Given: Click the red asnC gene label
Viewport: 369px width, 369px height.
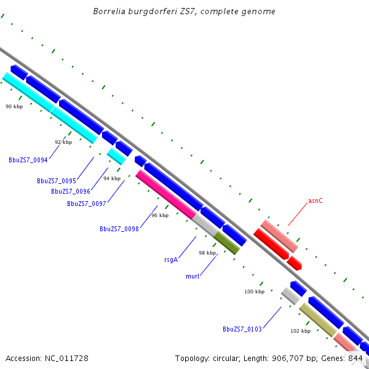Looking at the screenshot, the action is (315, 201).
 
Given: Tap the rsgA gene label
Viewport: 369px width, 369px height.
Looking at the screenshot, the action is (171, 260).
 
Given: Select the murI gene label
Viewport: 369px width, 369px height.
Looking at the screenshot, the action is (192, 276).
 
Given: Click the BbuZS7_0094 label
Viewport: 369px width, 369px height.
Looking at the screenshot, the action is (28, 160).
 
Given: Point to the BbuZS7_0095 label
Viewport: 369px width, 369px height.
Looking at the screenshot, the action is (57, 181).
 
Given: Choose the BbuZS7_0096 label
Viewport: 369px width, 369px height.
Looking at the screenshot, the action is (71, 191).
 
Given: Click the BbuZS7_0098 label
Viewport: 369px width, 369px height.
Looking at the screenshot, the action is (119, 229).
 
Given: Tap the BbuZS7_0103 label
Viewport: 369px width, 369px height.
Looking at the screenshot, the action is (242, 329).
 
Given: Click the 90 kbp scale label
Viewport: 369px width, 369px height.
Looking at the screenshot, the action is (14, 106).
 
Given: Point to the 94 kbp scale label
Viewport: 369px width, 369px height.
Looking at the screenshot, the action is (112, 178).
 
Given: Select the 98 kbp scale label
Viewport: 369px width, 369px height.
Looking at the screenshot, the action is (207, 253).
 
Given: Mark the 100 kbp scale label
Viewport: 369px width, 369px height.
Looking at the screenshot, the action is (254, 292).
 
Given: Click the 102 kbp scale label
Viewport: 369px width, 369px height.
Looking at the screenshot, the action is (301, 331).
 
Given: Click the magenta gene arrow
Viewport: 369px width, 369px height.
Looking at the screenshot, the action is (165, 194).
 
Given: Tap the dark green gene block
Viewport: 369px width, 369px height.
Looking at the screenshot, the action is (226, 243).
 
